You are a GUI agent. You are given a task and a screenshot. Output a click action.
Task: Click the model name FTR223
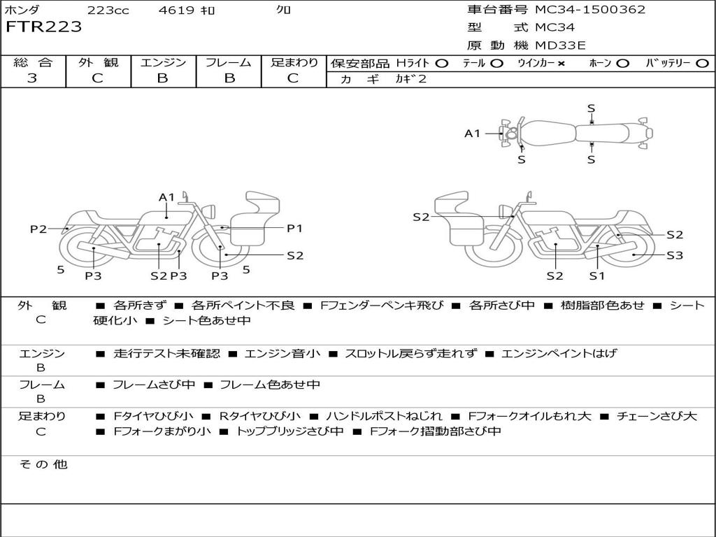tap(44, 27)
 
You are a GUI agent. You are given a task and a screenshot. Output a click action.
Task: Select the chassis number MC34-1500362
tap(590, 10)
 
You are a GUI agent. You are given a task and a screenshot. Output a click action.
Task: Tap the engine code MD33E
tap(560, 45)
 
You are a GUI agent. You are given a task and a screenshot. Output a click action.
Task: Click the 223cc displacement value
tap(108, 10)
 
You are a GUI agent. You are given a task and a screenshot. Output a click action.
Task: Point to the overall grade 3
tap(32, 78)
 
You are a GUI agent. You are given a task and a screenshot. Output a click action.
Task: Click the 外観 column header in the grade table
tap(98, 63)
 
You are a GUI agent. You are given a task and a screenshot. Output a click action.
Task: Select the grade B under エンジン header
tap(162, 78)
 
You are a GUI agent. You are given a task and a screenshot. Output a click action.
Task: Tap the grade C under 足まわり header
tap(293, 78)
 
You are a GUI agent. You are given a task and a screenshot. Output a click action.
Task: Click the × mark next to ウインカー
tap(561, 63)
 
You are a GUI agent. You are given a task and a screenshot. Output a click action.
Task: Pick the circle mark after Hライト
tap(441, 63)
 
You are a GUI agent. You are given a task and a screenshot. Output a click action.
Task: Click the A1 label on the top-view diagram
tap(473, 133)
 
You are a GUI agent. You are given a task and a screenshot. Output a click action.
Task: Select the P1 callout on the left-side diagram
tap(294, 228)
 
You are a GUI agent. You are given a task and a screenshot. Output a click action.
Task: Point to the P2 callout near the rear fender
tap(38, 229)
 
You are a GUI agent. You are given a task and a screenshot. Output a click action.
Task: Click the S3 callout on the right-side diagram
tap(674, 256)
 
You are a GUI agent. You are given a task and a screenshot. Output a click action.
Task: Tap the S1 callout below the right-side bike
tap(596, 275)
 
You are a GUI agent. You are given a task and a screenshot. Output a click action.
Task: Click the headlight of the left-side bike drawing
tap(208, 210)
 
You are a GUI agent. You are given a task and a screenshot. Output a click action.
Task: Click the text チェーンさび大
tap(657, 416)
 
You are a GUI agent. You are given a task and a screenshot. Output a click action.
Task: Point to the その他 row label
tap(43, 464)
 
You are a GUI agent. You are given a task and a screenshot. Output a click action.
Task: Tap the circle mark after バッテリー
tap(702, 63)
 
